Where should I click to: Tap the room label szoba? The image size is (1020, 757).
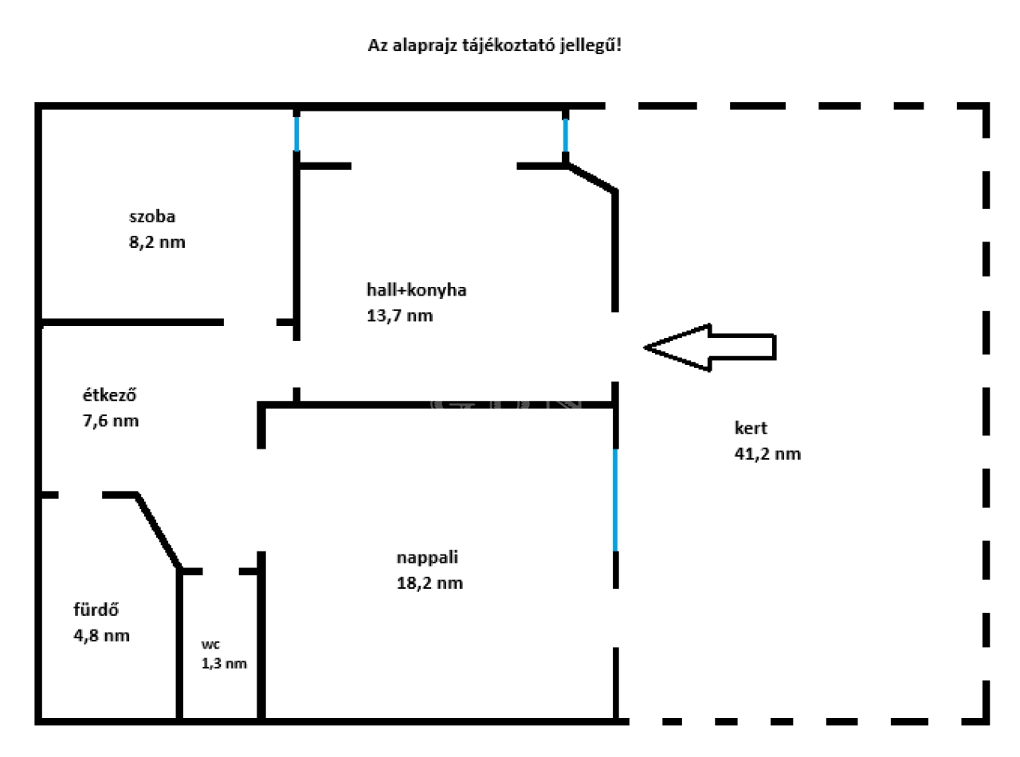click(x=152, y=217)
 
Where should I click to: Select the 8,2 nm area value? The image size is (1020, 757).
click(x=157, y=242)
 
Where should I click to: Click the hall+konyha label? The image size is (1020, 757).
click(x=417, y=290)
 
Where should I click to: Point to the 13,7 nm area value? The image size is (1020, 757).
click(x=399, y=316)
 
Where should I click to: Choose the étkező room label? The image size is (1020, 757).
click(x=109, y=395)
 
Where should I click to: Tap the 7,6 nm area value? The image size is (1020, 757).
click(x=111, y=421)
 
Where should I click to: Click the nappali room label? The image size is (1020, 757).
click(x=427, y=558)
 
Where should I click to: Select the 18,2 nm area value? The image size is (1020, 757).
click(x=430, y=583)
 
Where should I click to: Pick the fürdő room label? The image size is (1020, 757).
click(x=96, y=610)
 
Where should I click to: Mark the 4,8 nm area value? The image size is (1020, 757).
click(x=102, y=636)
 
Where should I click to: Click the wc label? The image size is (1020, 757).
click(x=210, y=645)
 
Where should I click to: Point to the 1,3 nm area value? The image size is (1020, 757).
click(x=224, y=664)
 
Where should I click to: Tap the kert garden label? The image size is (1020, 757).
click(x=751, y=428)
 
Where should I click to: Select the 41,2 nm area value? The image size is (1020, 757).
click(x=767, y=454)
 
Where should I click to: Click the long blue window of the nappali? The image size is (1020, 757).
click(x=615, y=500)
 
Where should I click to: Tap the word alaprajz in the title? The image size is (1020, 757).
click(x=425, y=46)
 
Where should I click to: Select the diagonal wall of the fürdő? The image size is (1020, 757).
click(x=159, y=531)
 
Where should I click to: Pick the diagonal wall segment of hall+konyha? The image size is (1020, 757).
click(x=591, y=178)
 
